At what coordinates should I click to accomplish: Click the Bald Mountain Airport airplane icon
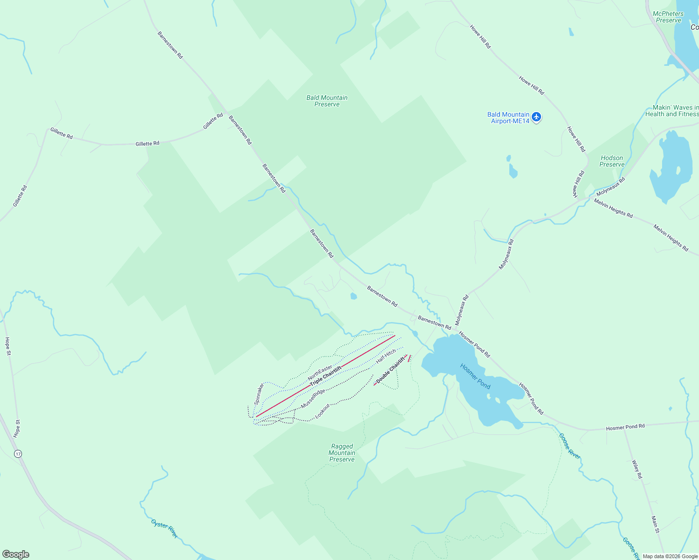[536, 117]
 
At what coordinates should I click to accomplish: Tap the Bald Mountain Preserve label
[327, 101]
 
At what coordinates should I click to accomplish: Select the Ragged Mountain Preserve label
[342, 453]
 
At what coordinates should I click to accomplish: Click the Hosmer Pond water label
[475, 376]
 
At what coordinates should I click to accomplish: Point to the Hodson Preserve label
[612, 161]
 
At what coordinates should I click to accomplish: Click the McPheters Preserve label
[668, 17]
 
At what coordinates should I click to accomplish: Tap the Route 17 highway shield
[18, 454]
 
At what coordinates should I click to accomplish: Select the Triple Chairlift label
[326, 376]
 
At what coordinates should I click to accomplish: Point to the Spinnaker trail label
[259, 393]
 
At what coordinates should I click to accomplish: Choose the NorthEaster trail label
[320, 372]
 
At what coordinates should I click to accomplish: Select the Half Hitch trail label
[386, 356]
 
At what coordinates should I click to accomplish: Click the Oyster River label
[164, 528]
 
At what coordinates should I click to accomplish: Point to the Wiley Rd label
[637, 469]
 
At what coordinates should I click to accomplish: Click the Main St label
[656, 524]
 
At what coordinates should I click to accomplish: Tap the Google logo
[15, 554]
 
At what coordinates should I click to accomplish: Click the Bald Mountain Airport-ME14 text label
[508, 118]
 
